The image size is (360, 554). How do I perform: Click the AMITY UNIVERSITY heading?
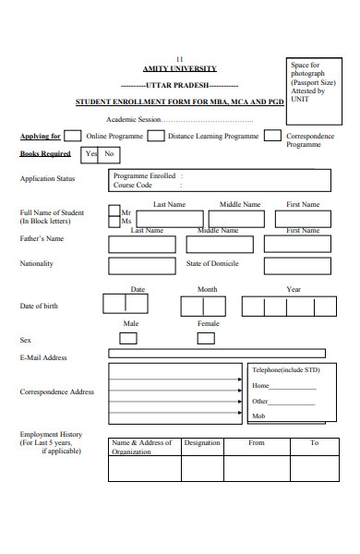point(179,69)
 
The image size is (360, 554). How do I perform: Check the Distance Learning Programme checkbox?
point(156,136)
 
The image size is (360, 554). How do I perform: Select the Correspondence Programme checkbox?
point(272,136)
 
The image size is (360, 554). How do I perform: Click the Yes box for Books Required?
point(90,154)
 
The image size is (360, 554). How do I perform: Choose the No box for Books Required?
point(109,154)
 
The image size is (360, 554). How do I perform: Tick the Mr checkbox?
point(114,211)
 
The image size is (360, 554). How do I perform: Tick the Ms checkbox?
point(114,222)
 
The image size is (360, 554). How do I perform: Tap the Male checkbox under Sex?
point(128,338)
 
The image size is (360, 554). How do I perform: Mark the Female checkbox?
point(207,338)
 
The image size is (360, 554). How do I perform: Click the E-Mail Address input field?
point(216,352)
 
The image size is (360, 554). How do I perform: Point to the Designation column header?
point(202,443)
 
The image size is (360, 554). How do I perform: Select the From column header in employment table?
point(257,443)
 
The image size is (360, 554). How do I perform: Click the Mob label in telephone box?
point(259,416)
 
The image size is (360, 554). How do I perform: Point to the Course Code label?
point(132,185)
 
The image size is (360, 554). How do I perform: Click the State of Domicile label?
point(211,264)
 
